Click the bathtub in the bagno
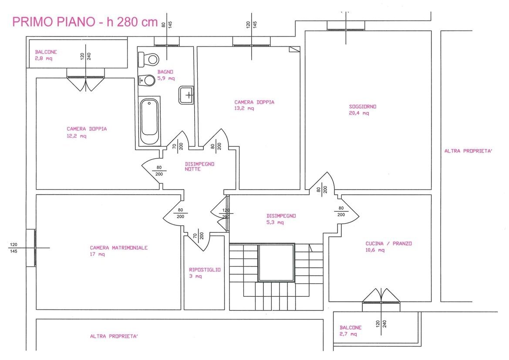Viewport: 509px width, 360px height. tap(150, 122)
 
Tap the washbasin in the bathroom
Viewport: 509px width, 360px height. tap(186, 95)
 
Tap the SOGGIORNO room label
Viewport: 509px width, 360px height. tap(363, 107)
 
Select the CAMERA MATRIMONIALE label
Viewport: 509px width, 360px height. tap(119, 248)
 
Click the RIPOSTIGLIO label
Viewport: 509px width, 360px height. tap(205, 270)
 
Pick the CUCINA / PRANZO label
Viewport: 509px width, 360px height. tap(388, 243)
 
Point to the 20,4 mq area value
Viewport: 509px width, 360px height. tap(359, 113)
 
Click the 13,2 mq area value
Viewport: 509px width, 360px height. tap(244, 109)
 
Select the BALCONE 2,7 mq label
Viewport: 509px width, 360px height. tap(351, 331)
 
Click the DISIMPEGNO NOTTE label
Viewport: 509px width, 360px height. tap(200, 166)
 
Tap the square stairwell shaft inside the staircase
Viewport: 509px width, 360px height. tap(276, 263)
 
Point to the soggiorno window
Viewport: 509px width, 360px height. tap(346, 26)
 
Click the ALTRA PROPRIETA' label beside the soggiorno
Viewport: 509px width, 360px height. tap(469, 151)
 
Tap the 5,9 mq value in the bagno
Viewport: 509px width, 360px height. tap(166, 78)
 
